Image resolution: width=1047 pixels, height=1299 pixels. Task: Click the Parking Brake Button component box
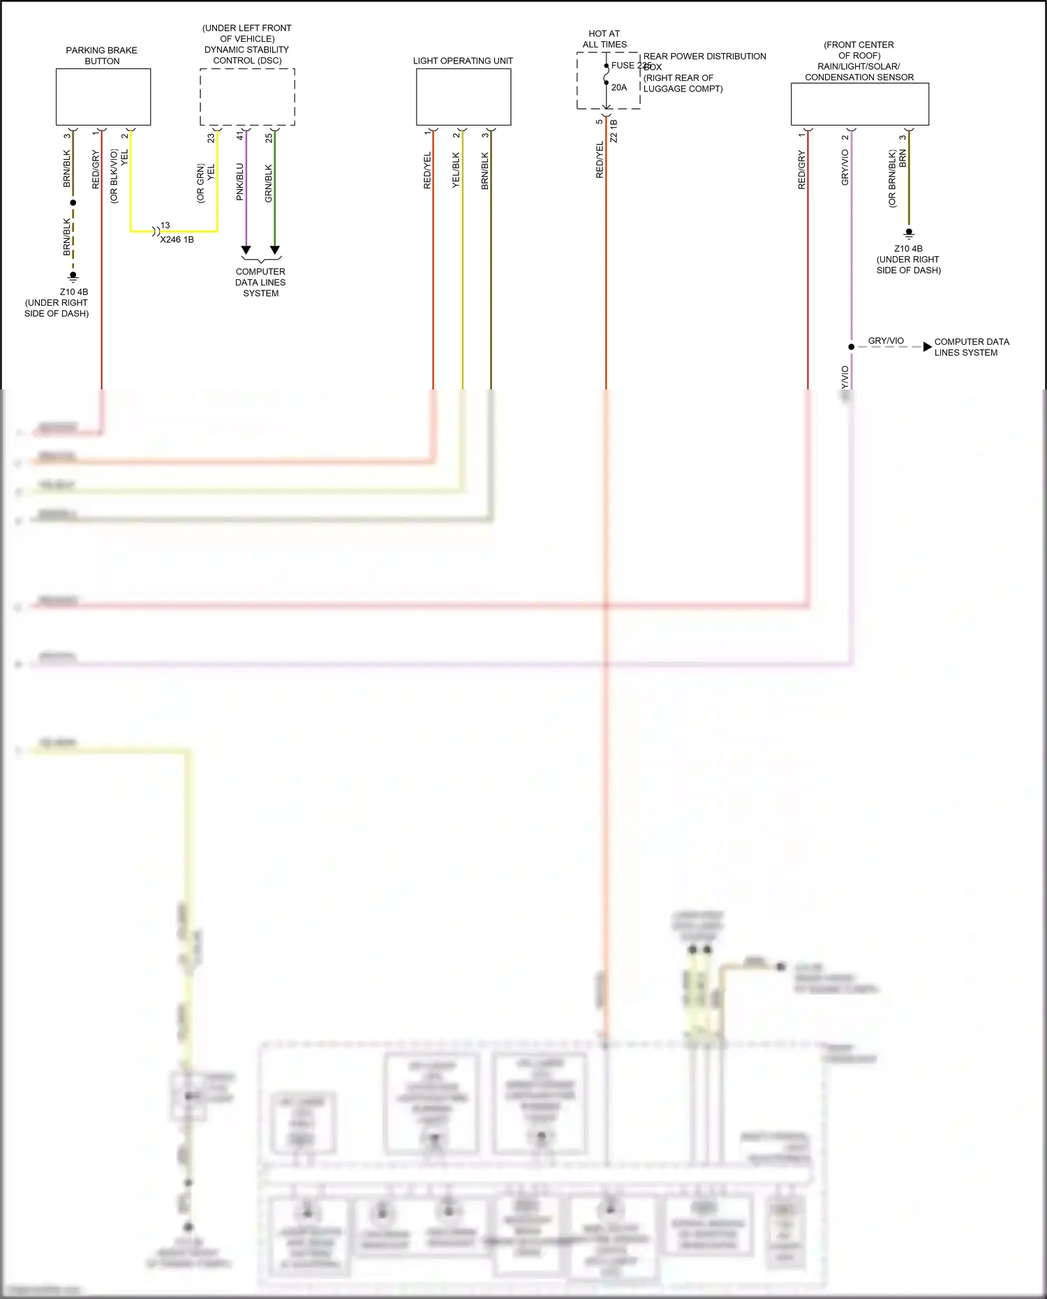103,97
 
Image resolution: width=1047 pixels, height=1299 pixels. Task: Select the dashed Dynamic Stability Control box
247,97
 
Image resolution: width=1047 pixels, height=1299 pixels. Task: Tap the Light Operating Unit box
463,97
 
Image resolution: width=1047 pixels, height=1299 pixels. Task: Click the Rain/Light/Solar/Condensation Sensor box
859,104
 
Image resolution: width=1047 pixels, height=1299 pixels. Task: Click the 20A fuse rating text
619,88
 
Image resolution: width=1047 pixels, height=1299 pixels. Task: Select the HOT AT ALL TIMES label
604,39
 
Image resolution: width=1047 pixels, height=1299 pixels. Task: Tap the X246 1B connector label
177,239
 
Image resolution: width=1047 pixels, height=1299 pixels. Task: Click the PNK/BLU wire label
240,181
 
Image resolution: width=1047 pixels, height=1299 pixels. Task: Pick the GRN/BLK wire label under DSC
269,183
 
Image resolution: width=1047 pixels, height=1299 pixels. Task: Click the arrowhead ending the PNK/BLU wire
246,250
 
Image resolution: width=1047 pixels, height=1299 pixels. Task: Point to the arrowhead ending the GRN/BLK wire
275,250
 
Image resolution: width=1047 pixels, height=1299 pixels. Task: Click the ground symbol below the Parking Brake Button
73,276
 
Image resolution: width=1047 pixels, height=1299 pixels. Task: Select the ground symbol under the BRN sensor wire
909,234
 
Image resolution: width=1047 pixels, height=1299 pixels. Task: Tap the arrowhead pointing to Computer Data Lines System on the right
927,347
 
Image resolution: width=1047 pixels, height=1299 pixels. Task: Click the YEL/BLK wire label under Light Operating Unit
456,170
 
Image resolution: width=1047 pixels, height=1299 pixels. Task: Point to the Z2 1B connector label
614,131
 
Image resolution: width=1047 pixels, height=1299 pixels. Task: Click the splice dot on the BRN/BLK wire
73,202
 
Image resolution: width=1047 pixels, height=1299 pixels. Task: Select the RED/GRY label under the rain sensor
801,170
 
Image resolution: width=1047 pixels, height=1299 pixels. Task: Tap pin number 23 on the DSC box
211,138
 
